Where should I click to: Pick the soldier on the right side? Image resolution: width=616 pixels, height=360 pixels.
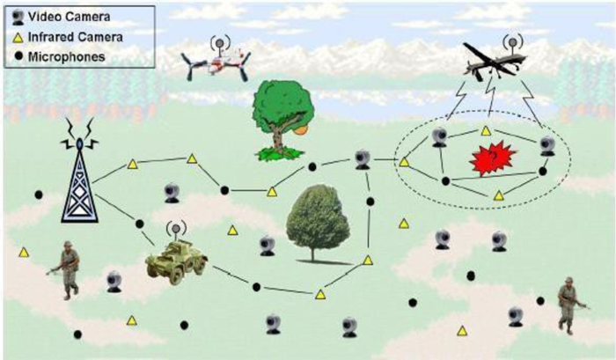pyautogui.click(x=570, y=305)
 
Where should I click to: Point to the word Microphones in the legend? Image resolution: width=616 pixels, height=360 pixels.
pyautogui.click(x=66, y=56)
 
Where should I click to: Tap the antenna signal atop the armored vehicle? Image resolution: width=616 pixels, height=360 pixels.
pyautogui.click(x=176, y=230)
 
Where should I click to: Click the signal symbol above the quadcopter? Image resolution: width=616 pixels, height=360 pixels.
pyautogui.click(x=220, y=40)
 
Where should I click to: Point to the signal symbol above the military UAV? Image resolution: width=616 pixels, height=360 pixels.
pyautogui.click(x=513, y=40)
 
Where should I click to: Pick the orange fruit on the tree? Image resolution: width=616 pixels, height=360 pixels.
pyautogui.click(x=302, y=131)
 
